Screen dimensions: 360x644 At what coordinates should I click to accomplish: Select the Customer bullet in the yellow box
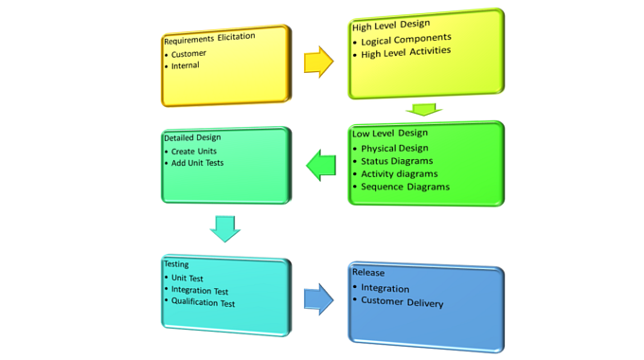point(188,54)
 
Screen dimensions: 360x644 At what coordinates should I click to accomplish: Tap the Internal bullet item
point(186,66)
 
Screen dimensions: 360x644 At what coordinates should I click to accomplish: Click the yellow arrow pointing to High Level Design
point(318,63)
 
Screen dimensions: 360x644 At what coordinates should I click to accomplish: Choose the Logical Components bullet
point(405,41)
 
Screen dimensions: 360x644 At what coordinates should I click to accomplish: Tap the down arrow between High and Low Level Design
point(423,111)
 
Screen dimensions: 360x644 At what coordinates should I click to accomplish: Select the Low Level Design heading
point(390,134)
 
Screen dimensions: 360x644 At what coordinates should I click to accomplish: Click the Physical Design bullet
point(394,148)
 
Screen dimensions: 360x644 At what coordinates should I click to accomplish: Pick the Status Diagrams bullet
point(397,161)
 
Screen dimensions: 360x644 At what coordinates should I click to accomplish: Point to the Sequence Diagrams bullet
point(404,187)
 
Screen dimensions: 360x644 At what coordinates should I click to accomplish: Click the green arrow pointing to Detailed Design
point(321,166)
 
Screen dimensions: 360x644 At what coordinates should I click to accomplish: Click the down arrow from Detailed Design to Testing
point(225,228)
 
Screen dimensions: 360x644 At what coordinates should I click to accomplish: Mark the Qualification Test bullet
point(203,302)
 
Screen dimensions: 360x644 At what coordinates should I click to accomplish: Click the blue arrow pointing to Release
point(318,299)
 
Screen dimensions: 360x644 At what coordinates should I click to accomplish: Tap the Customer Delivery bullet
point(402,303)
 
